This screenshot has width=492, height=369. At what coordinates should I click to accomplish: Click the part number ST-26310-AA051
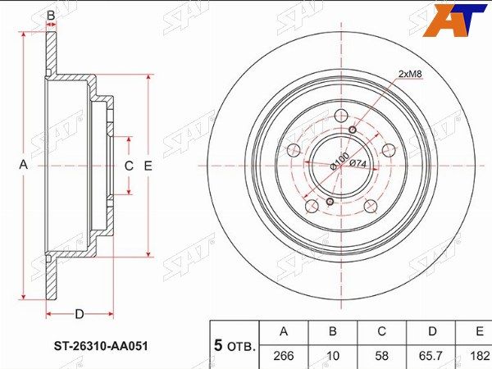point(101,346)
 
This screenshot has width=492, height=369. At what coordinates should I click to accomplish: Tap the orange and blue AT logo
point(454,20)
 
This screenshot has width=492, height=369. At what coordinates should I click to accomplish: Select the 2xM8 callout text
point(411,74)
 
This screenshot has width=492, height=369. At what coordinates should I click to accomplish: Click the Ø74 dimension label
point(358,163)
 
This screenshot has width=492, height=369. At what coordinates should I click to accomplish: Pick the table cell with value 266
point(284,356)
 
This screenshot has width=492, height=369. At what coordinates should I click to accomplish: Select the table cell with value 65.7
point(432,356)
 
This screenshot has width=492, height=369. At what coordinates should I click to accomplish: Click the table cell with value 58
point(382,356)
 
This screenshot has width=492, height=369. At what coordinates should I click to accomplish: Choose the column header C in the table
point(382,331)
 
